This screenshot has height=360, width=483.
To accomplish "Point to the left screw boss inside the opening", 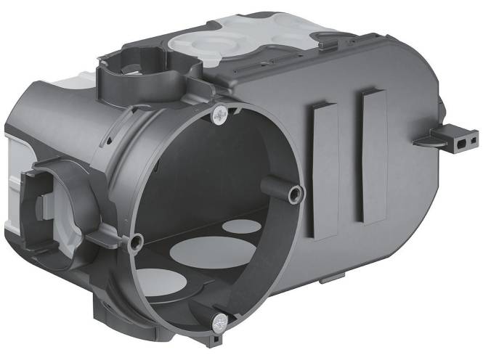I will (x=134, y=242).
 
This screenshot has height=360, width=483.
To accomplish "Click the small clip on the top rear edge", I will (x=326, y=44).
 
